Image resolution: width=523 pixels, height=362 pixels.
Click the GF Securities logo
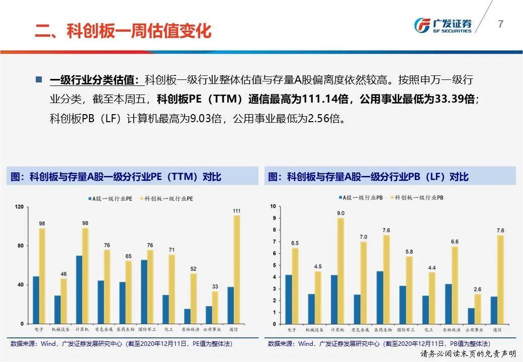pos(443,26)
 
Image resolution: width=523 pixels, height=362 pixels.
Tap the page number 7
pos(500,24)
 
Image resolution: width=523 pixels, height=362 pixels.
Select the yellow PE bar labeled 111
pos(236,269)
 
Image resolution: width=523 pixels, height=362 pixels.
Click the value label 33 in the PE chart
pos(215,286)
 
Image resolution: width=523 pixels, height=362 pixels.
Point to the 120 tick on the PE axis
pos(20,207)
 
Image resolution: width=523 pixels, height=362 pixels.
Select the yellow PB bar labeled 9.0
pos(341,270)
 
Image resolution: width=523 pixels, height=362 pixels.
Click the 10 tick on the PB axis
pos(273,206)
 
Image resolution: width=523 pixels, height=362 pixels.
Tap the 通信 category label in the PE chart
pos(233,330)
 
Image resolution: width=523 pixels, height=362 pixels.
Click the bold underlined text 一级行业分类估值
pos(94,79)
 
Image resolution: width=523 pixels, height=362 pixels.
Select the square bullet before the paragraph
pos(39,79)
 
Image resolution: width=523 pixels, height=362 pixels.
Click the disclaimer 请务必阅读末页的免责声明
pos(469,354)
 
